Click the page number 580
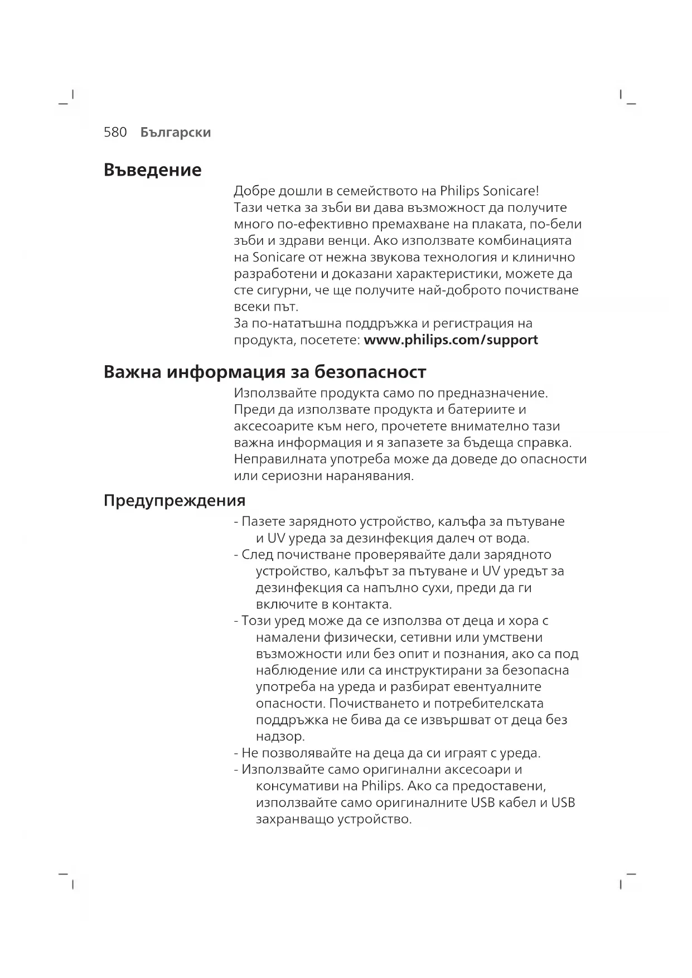tap(115, 132)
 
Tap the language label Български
tap(175, 132)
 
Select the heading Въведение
tap(152, 170)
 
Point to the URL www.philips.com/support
tap(451, 340)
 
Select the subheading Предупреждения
tap(175, 500)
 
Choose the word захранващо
tap(294, 819)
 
